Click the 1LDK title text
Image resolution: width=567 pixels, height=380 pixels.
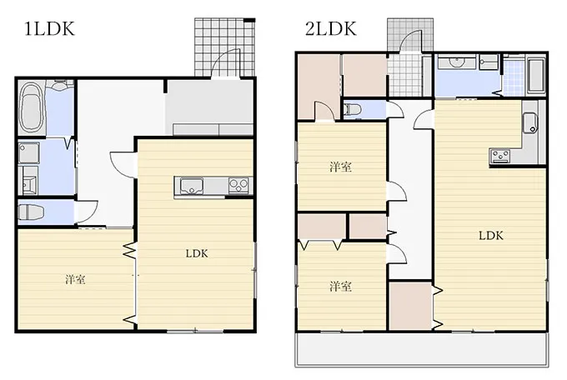point(49,29)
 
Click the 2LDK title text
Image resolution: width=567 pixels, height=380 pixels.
point(330,28)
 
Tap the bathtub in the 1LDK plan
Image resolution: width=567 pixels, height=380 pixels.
point(32,107)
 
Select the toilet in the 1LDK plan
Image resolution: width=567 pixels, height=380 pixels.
point(31,212)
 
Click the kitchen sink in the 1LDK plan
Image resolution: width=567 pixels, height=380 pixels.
point(191,186)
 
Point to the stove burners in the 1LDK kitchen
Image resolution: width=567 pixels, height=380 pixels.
point(238,186)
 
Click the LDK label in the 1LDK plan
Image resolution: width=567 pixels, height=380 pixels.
point(197,253)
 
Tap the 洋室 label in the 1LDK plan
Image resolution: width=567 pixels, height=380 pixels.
point(75,279)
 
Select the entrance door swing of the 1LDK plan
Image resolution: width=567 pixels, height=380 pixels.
point(225,63)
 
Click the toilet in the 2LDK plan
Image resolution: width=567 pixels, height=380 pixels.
point(352,109)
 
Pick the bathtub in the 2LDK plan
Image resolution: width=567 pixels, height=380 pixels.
point(536,76)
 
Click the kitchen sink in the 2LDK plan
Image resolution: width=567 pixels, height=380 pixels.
point(530,123)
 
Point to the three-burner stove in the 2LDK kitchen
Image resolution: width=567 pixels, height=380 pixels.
point(499,156)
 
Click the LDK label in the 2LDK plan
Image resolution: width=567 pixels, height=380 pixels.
point(490,236)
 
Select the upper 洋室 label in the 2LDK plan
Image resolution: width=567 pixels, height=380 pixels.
point(340,167)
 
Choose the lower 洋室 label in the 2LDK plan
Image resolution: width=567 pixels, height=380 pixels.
point(340,287)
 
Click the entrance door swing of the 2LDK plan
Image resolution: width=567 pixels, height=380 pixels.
point(412,41)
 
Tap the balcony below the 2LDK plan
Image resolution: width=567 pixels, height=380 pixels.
point(422,349)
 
